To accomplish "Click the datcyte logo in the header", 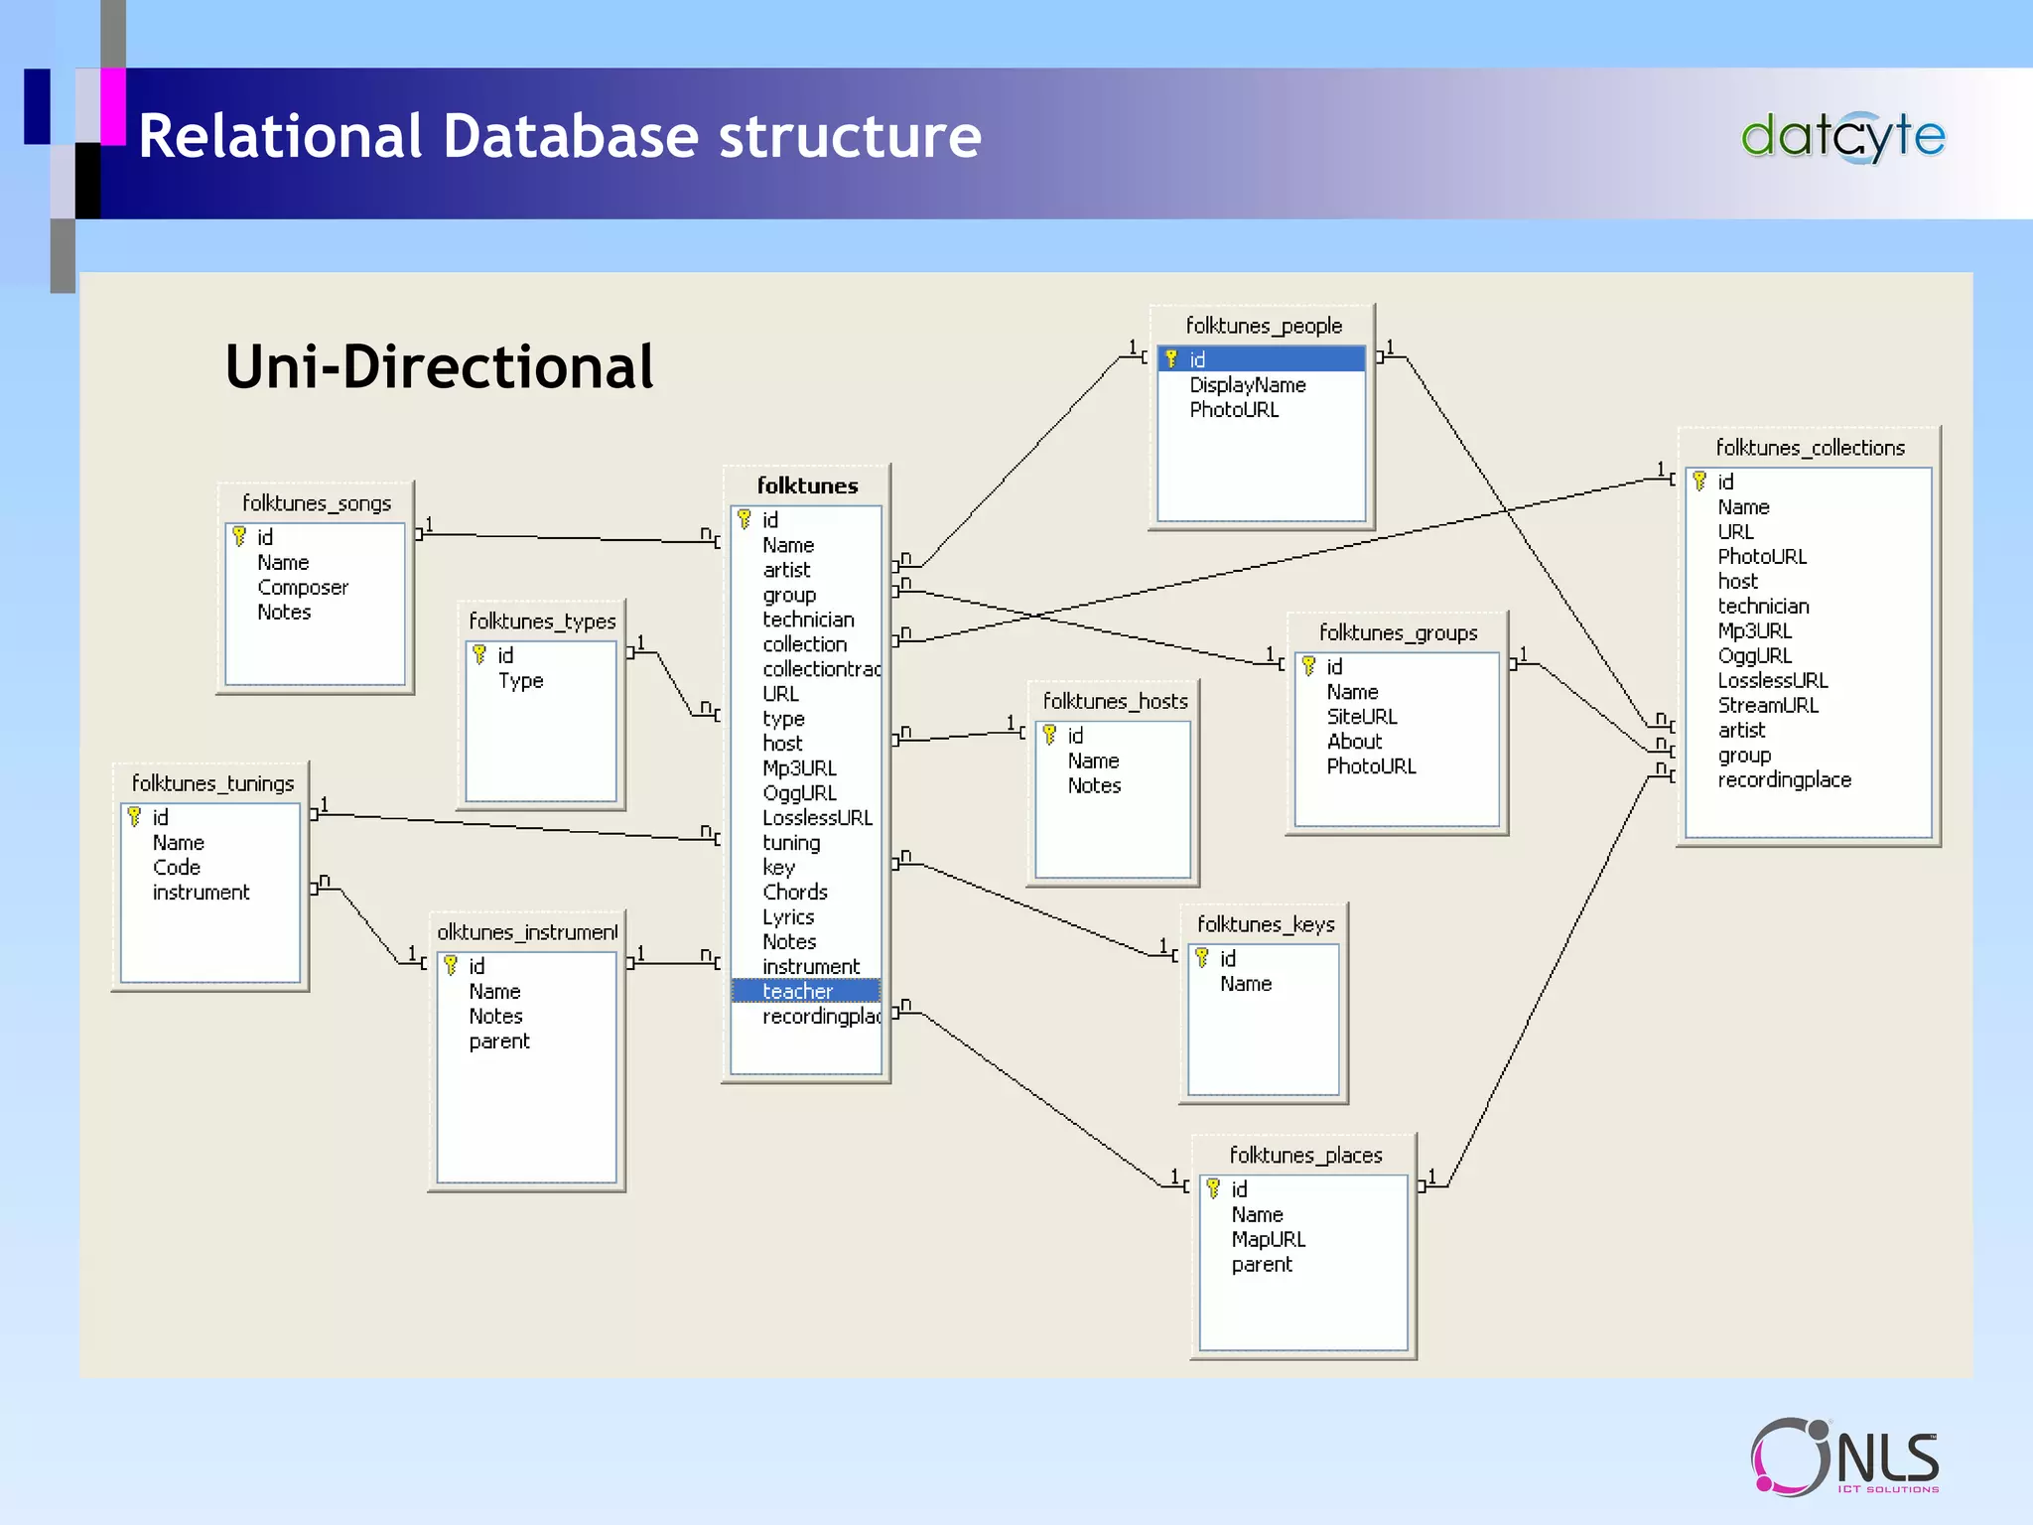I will [x=1842, y=137].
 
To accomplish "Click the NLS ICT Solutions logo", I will [x=1844, y=1456].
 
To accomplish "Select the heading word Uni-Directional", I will [x=439, y=367].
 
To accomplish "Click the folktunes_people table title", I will [x=1263, y=326].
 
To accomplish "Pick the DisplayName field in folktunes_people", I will [x=1247, y=385].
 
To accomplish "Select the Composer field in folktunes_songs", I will [x=303, y=588].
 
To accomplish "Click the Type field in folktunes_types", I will [x=520, y=681].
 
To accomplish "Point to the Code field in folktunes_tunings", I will [x=177, y=868].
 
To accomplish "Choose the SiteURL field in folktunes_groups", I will [x=1361, y=717].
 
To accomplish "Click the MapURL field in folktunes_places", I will [x=1268, y=1240].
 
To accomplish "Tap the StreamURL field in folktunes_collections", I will [x=1767, y=706].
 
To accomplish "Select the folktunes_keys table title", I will [x=1265, y=924].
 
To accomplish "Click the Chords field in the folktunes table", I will [x=794, y=893].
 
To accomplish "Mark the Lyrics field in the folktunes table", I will [x=788, y=917].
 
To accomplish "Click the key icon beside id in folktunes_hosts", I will [x=1049, y=736].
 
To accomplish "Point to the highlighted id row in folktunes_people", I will [x=1261, y=359].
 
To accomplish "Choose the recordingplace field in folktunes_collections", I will [x=1784, y=780].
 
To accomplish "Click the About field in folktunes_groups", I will [x=1354, y=742].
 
